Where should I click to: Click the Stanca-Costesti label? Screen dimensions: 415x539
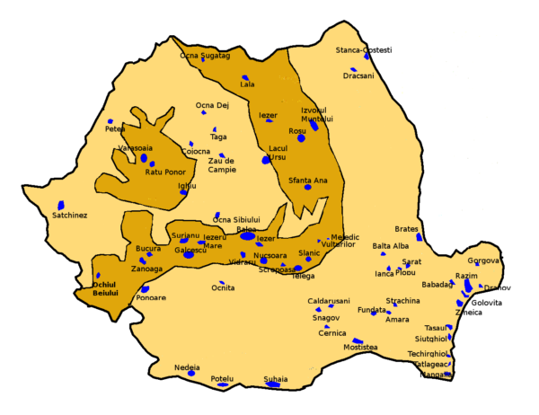click(x=363, y=49)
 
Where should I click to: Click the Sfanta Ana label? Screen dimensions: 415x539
click(x=308, y=181)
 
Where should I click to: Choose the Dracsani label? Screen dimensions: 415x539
click(x=358, y=76)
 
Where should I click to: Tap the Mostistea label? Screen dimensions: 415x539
click(x=360, y=347)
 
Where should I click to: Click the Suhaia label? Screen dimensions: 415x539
click(x=276, y=378)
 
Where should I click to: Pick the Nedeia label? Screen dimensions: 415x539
click(x=187, y=366)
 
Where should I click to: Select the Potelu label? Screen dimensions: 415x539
click(x=221, y=378)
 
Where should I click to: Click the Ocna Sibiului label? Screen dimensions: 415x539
click(x=236, y=219)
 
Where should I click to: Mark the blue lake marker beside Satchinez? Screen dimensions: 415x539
click(x=61, y=205)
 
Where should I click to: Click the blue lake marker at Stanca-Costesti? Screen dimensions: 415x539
click(x=367, y=57)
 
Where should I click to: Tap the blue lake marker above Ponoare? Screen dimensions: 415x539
click(x=145, y=289)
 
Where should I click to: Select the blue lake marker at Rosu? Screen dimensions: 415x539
click(x=301, y=138)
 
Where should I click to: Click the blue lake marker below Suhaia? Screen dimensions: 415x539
click(x=272, y=385)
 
